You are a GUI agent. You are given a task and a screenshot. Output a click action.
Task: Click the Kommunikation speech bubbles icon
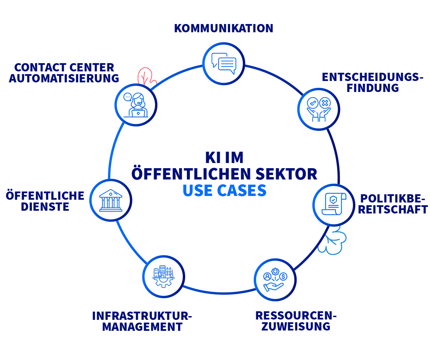[x=224, y=63]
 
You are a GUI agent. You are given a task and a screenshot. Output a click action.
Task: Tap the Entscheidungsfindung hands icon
[x=319, y=109]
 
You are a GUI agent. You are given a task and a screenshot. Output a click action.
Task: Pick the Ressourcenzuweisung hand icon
[x=275, y=280]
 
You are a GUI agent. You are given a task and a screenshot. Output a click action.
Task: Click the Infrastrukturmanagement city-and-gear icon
[x=164, y=277]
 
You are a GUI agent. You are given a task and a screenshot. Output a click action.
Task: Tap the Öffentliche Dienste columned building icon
[x=110, y=200]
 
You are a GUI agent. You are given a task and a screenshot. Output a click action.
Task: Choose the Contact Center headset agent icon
[x=136, y=105]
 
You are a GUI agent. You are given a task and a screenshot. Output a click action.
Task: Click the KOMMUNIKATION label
[x=224, y=28]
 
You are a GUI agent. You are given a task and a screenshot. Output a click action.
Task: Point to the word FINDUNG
[x=372, y=88]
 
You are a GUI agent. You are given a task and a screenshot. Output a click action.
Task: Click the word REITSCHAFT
[x=393, y=209]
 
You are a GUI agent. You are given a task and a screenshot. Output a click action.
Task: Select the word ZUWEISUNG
[x=296, y=326]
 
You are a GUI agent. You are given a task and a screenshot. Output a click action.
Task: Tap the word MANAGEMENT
[x=142, y=327]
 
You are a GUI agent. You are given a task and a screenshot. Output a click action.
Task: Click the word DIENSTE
[x=45, y=207]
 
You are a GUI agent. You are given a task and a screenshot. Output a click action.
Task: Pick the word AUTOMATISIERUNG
[x=64, y=78]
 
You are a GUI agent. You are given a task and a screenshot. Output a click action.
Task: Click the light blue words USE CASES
[x=224, y=190]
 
